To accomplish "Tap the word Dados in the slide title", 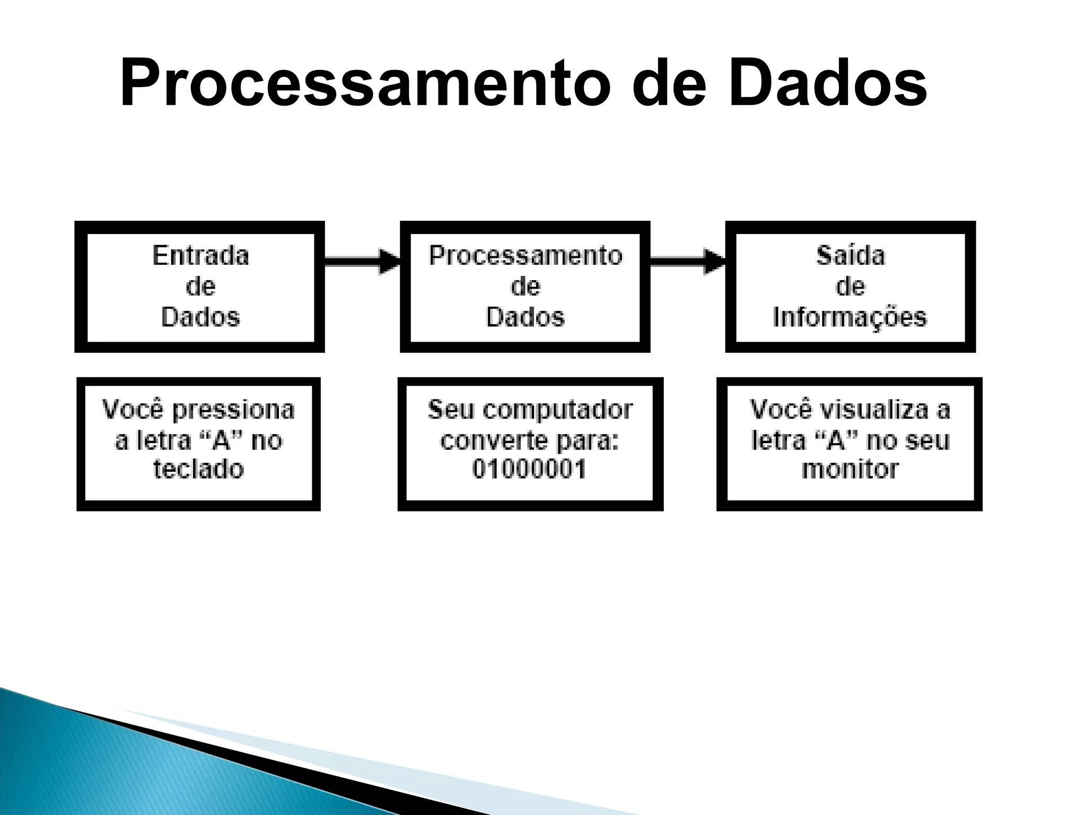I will pos(827,84).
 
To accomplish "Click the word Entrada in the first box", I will pos(200,256).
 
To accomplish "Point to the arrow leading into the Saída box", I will pos(687,261).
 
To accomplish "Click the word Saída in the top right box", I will pos(850,256).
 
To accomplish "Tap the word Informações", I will pos(849,317).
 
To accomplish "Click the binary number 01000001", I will pos(529,469).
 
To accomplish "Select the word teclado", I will pos(198,469).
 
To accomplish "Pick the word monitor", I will pos(849,469).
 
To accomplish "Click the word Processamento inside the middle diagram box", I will pos(525,256).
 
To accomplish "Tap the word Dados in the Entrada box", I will pos(200,317).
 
